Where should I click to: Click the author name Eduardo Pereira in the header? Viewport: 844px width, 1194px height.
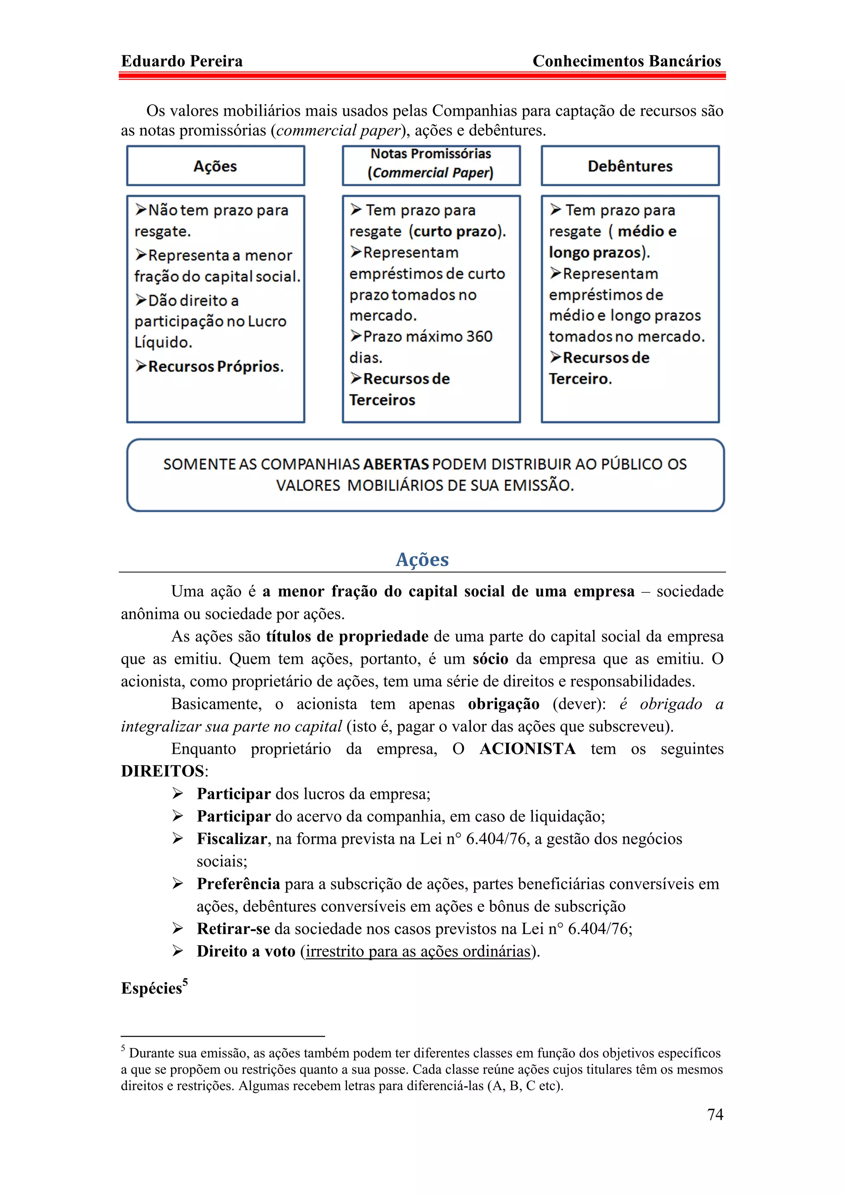[x=181, y=61]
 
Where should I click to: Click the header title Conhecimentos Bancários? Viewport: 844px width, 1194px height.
[x=627, y=61]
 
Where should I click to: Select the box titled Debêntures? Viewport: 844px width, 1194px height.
[x=630, y=166]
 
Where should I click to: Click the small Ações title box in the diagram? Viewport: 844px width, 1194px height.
[x=215, y=166]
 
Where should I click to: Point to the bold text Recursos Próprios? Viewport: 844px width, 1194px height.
[x=215, y=367]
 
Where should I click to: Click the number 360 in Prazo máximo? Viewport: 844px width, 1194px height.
[x=478, y=337]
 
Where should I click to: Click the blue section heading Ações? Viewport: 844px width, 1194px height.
[x=422, y=560]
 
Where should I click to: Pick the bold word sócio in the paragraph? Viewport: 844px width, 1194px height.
[x=490, y=659]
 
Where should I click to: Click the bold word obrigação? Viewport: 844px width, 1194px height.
[x=503, y=704]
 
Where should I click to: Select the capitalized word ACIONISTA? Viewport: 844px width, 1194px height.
[x=527, y=749]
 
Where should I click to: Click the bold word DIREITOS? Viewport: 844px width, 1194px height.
[x=162, y=771]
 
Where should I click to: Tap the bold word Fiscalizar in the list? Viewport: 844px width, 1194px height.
[x=232, y=839]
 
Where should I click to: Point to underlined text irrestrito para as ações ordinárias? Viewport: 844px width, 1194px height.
[x=417, y=951]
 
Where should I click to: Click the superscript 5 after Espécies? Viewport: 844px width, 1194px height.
[x=185, y=981]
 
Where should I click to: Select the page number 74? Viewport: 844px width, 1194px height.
[x=715, y=1114]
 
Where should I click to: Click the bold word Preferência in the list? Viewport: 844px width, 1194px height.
[x=238, y=884]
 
